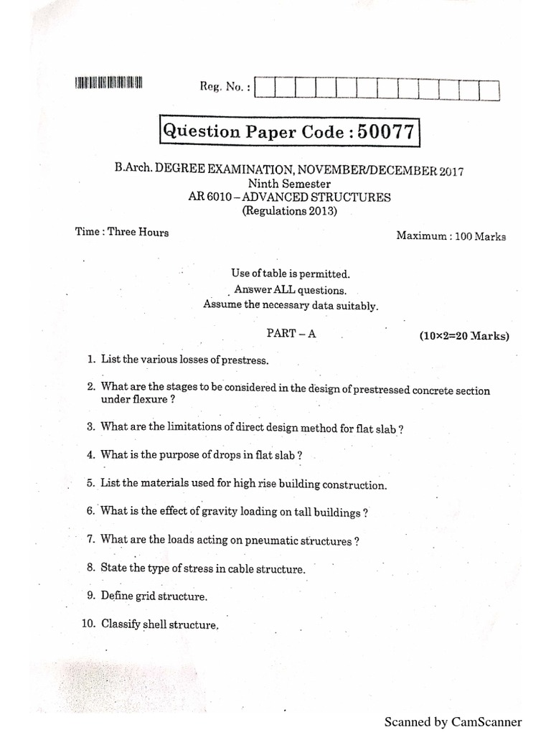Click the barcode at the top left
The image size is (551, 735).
click(108, 83)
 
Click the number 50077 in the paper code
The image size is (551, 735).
click(387, 131)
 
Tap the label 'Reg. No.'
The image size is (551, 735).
click(225, 86)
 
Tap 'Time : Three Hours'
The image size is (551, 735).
click(122, 232)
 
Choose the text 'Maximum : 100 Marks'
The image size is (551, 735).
click(451, 235)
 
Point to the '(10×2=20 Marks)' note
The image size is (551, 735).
click(464, 336)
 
